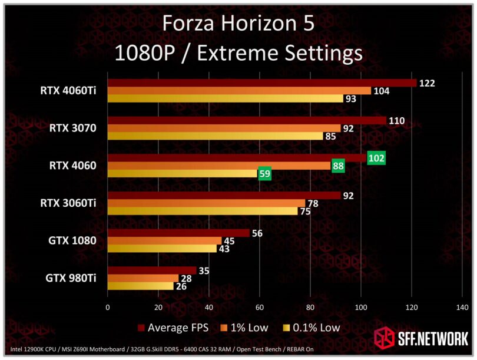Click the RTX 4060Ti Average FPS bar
click(262, 83)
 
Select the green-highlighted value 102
click(376, 158)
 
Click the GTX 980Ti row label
click(72, 278)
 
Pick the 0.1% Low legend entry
click(312, 328)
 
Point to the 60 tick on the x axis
click(260, 307)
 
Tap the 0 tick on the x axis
click(108, 307)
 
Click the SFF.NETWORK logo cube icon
click(385, 339)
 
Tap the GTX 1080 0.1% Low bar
click(162, 249)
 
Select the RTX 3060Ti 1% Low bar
click(206, 203)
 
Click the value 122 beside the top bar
click(427, 83)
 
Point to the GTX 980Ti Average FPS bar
click(152, 270)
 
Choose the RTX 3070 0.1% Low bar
click(215, 136)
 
